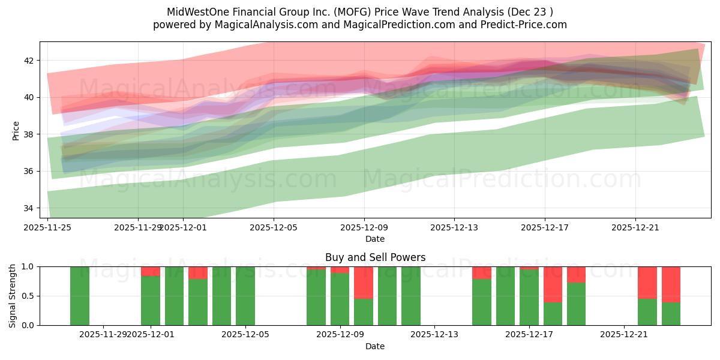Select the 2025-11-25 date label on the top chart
47,227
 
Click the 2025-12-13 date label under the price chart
454,227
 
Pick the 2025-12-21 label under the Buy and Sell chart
625,334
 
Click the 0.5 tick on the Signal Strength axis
29,296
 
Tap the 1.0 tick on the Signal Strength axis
29,266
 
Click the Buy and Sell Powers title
375,257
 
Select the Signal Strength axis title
13,296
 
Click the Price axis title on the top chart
16,130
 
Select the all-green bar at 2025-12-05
245,296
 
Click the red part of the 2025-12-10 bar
364,282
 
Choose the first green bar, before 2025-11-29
80,296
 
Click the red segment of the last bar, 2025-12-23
671,284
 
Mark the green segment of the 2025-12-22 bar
647,312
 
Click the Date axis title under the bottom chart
375,346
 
